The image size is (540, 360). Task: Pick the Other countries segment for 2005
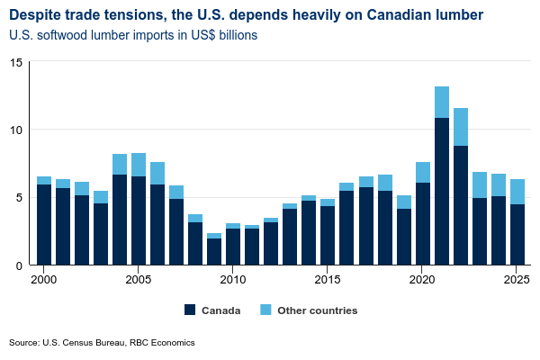139,165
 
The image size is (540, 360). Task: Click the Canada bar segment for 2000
44,225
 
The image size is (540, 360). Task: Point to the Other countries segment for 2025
517,192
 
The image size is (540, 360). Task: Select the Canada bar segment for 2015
328,235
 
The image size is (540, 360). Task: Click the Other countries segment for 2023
480,184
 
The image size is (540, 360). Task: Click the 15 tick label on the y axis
16,62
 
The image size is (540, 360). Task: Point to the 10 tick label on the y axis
16,130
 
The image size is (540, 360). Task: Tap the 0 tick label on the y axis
19,265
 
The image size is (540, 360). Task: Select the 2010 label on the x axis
233,280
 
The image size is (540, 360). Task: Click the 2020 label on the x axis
423,280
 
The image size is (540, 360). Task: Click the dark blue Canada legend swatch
190,310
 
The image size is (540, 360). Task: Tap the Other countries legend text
319,310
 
